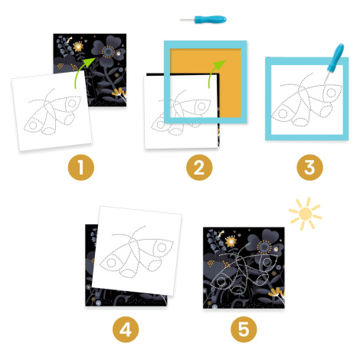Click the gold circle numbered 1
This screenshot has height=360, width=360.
[81, 168]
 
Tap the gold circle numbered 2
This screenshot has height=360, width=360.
[199, 168]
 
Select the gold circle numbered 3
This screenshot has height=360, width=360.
[309, 168]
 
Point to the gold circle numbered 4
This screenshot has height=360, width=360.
[126, 329]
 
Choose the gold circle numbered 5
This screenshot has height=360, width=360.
[244, 329]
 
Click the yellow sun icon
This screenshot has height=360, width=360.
[305, 214]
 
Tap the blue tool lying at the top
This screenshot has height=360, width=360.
[203, 19]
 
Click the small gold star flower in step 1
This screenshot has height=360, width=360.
[78, 47]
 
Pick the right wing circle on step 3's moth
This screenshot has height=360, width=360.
[331, 93]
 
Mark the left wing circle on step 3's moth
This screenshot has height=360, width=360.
[283, 113]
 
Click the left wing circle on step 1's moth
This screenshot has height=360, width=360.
[33, 125]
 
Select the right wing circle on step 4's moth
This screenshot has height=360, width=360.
[162, 247]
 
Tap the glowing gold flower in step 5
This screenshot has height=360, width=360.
[231, 241]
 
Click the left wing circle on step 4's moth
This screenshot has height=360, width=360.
[111, 263]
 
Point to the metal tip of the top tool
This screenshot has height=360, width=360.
[187, 20]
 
